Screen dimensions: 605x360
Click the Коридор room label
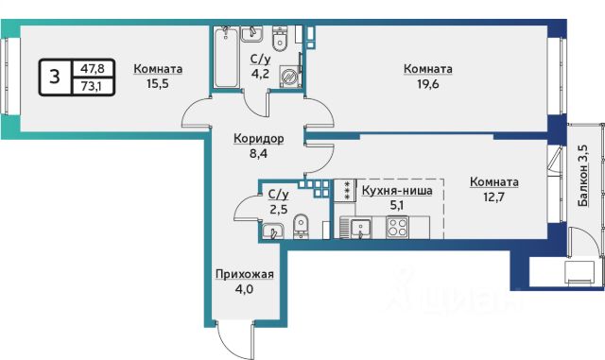pyautogui.click(x=259, y=138)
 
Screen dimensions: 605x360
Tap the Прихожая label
pyautogui.click(x=245, y=274)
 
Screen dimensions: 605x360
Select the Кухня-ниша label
pyautogui.click(x=397, y=191)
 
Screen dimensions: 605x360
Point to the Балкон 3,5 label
pyautogui.click(x=583, y=176)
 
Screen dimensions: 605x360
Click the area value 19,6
pyautogui.click(x=428, y=84)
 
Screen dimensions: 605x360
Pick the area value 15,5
pyautogui.click(x=158, y=84)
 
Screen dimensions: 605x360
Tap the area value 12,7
pyautogui.click(x=493, y=197)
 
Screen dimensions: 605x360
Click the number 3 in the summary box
pyautogui.click(x=55, y=77)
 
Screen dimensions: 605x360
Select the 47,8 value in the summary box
pyautogui.click(x=93, y=69)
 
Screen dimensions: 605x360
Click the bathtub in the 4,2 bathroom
pyautogui.click(x=226, y=57)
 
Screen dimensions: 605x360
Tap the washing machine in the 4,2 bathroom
pyautogui.click(x=288, y=77)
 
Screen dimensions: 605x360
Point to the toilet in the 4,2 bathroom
pyautogui.click(x=280, y=39)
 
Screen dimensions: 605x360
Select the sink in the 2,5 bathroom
pyautogui.click(x=272, y=231)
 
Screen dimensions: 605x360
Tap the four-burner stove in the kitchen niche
pyautogui.click(x=397, y=227)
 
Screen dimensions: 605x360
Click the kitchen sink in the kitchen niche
pyautogui.click(x=360, y=228)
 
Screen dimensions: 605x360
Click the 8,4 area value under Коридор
pyautogui.click(x=258, y=154)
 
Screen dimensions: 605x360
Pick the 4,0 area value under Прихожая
pyautogui.click(x=245, y=288)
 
